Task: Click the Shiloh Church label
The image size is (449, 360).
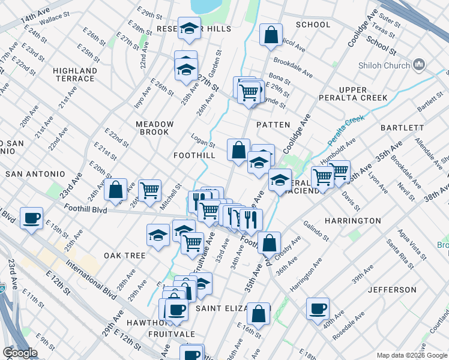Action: pyautogui.click(x=391, y=65)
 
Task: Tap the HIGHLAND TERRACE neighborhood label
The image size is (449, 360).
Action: pyautogui.click(x=75, y=74)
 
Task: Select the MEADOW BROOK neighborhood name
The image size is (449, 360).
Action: pyautogui.click(x=154, y=128)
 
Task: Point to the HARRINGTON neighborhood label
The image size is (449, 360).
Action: pyautogui.click(x=352, y=221)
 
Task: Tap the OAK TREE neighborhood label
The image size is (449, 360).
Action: pyautogui.click(x=125, y=256)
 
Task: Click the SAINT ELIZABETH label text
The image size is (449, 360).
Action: pyautogui.click(x=231, y=308)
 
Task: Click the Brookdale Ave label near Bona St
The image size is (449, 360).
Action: pyautogui.click(x=293, y=68)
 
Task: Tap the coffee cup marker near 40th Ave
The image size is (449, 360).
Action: pyautogui.click(x=318, y=309)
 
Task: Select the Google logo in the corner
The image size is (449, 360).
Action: pyautogui.click(x=20, y=353)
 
